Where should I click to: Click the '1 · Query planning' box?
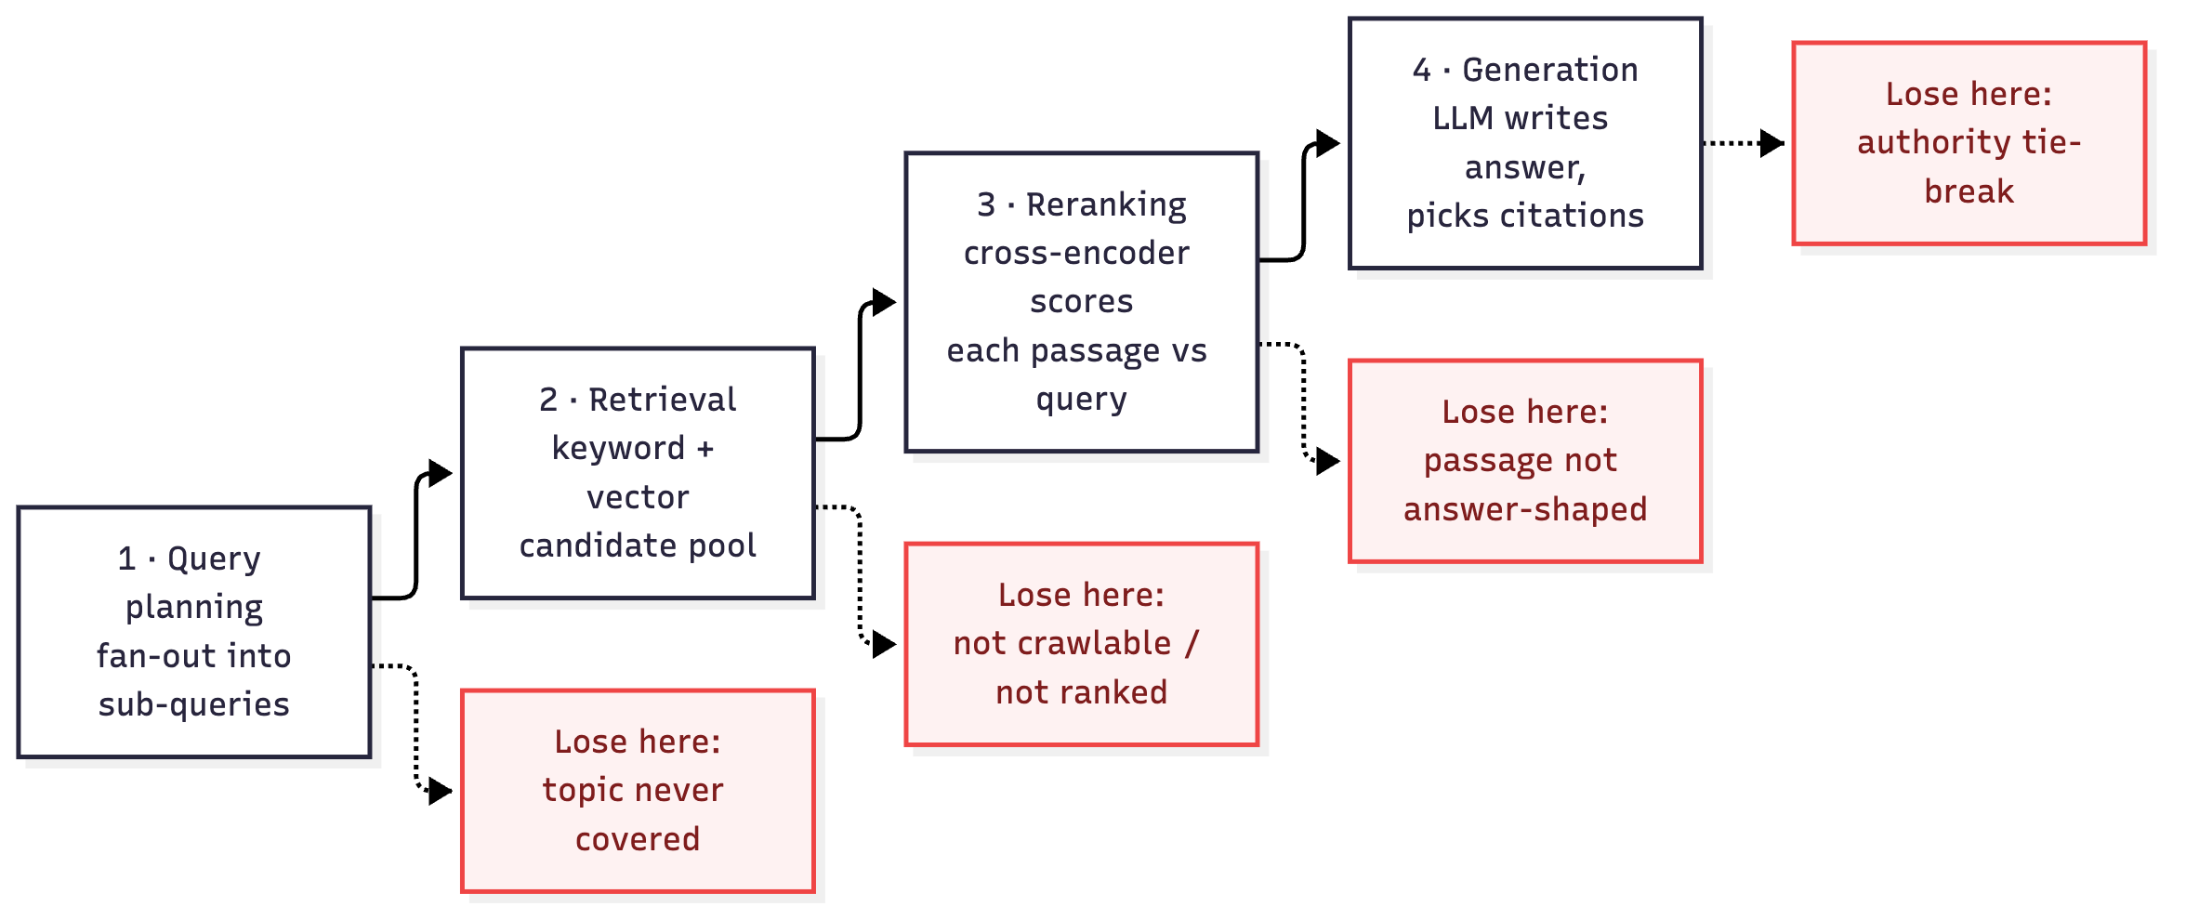194,632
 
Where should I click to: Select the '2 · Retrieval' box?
639,473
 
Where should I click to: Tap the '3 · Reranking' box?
1082,302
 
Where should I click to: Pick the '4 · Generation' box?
1525,143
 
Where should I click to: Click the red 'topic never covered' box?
639,791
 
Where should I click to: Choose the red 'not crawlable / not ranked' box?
1082,644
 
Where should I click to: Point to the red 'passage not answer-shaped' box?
1525,461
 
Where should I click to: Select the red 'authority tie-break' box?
1969,143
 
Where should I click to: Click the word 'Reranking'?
1106,204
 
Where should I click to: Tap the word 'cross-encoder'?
1076,253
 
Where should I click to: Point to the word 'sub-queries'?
194,705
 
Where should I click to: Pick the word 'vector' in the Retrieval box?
638,498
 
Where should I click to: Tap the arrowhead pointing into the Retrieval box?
441,473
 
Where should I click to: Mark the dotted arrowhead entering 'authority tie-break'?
1772,143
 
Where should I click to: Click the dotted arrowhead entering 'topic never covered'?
441,791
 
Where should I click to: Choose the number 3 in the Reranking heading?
986,204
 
